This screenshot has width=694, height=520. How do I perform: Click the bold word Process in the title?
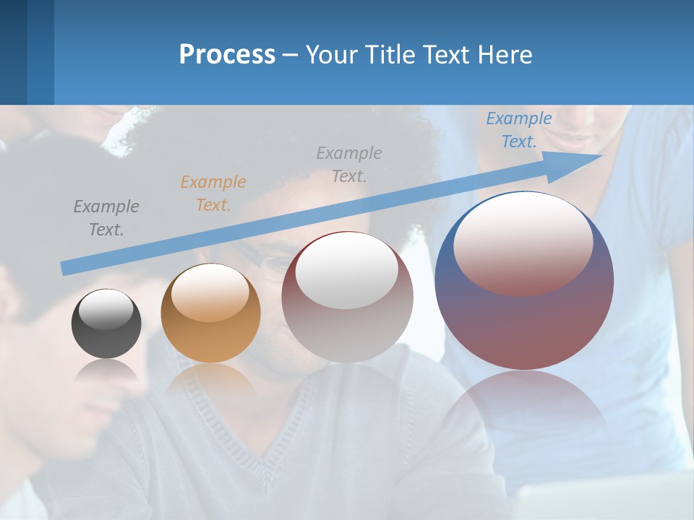point(227,55)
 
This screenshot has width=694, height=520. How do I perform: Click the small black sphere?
point(106,324)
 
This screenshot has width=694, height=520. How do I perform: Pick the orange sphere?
point(210,313)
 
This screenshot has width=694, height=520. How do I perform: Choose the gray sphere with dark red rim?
point(347,297)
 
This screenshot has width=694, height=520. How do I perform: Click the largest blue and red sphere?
point(524,318)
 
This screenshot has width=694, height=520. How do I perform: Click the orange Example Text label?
point(213,194)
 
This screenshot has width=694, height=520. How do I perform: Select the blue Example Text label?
point(519,130)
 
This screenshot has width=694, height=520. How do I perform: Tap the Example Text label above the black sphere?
point(106,218)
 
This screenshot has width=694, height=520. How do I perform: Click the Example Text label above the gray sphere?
point(349,164)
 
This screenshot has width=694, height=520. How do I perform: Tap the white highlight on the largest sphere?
point(523,244)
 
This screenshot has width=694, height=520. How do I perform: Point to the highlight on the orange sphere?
point(210,293)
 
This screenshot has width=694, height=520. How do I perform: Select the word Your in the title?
point(334,55)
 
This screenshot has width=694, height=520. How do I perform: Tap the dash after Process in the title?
point(290,55)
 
